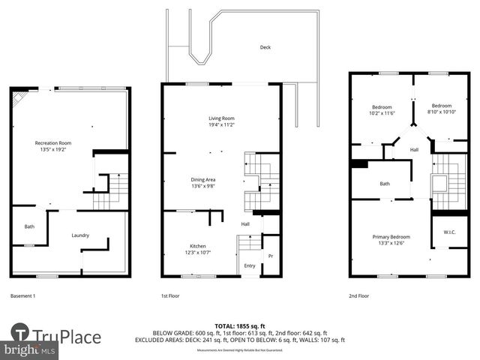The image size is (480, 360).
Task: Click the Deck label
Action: pyautogui.click(x=265, y=47)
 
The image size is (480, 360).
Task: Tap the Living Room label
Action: pyautogui.click(x=221, y=118)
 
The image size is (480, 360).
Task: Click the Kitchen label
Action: pyautogui.click(x=198, y=246)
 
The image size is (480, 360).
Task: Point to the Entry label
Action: pyautogui.click(x=249, y=265)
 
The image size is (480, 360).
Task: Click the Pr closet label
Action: pyautogui.click(x=271, y=256)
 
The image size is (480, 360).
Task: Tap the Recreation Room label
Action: pyautogui.click(x=52, y=142)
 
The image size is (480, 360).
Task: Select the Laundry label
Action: pyautogui.click(x=80, y=235)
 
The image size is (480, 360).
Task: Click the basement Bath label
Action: pyautogui.click(x=29, y=226)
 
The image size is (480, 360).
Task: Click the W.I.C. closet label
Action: pyautogui.click(x=449, y=232)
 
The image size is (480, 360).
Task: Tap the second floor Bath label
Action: pyautogui.click(x=385, y=184)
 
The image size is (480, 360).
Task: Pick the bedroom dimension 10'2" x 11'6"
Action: pyautogui.click(x=383, y=112)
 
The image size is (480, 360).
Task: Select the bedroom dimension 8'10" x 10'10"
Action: pyautogui.click(x=441, y=112)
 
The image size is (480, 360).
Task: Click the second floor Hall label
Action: pyautogui.click(x=414, y=150)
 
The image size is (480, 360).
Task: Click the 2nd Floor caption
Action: pyautogui.click(x=359, y=295)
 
